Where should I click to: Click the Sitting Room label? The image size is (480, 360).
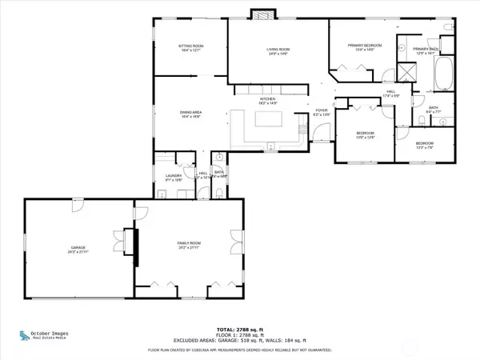pyautogui.click(x=191, y=49)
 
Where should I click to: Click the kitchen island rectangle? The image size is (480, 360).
pyautogui.click(x=264, y=120)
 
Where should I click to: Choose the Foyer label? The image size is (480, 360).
pyautogui.click(x=321, y=113)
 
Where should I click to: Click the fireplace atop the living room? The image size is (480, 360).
pyautogui.click(x=262, y=14)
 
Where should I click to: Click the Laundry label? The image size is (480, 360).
pyautogui.click(x=174, y=178)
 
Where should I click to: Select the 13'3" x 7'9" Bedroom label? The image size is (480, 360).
pyautogui.click(x=424, y=146)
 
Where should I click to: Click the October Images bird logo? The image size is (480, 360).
pyautogui.click(x=22, y=335)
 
